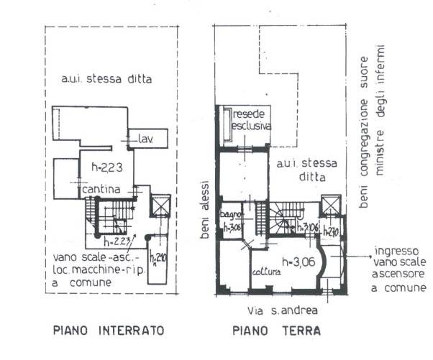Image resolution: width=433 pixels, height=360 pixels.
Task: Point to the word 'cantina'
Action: pos(101,189)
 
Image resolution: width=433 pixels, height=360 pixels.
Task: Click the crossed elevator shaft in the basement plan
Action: pos(160,207)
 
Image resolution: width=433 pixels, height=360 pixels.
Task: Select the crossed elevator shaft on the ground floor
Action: pos(332,207)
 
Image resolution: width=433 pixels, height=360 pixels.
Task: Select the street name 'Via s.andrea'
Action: pos(281,310)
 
